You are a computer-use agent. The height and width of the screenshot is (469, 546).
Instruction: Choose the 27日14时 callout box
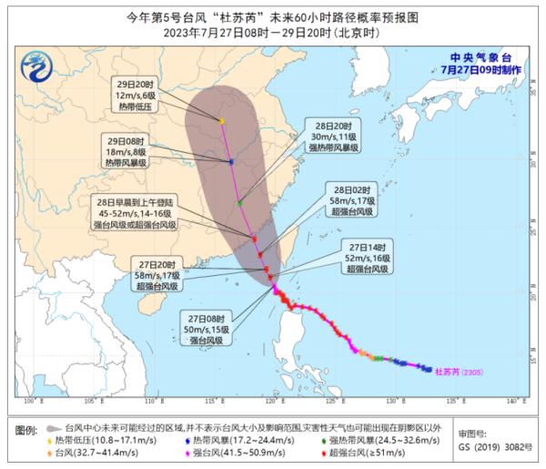[x=369, y=258]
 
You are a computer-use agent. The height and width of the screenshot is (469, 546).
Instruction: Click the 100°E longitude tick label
[x=34, y=401]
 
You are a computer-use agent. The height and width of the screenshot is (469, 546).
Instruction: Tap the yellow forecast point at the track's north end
[x=222, y=120]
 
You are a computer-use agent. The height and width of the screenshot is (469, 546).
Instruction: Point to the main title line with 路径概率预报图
[x=272, y=15]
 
